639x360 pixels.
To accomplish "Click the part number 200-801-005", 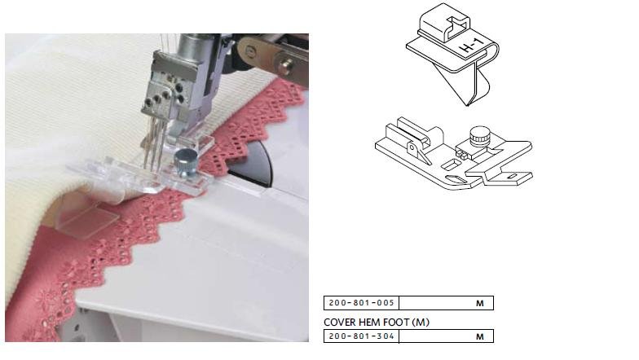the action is coord(362,303).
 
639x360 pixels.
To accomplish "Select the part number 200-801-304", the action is coord(362,336).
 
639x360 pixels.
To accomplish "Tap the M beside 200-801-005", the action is coord(479,303).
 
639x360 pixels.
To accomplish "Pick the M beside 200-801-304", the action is coord(479,337).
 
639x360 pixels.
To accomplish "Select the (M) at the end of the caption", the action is coord(421,323).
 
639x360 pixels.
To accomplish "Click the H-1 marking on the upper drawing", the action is coord(471,46).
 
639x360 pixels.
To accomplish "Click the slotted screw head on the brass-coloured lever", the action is coord(250,50).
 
